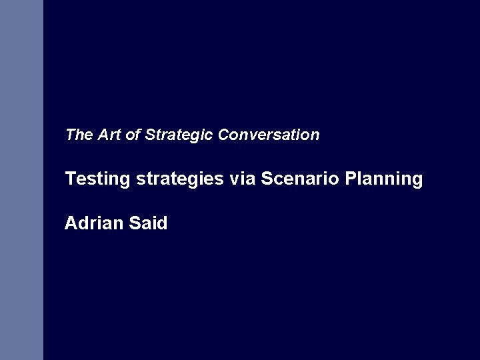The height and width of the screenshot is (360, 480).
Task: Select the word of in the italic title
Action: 133,135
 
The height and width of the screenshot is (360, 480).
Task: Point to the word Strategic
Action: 178,135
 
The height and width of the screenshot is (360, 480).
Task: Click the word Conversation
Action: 269,135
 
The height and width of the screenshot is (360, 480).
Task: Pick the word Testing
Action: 98,179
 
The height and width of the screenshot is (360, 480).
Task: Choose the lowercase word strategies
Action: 180,179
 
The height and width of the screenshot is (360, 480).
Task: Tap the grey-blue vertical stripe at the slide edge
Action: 21,180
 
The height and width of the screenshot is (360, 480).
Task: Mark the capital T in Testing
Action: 70,179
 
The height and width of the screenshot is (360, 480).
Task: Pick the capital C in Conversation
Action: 223,135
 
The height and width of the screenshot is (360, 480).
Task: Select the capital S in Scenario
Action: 267,179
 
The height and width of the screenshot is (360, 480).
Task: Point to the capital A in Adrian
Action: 71,223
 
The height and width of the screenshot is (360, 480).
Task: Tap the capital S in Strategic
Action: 149,135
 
